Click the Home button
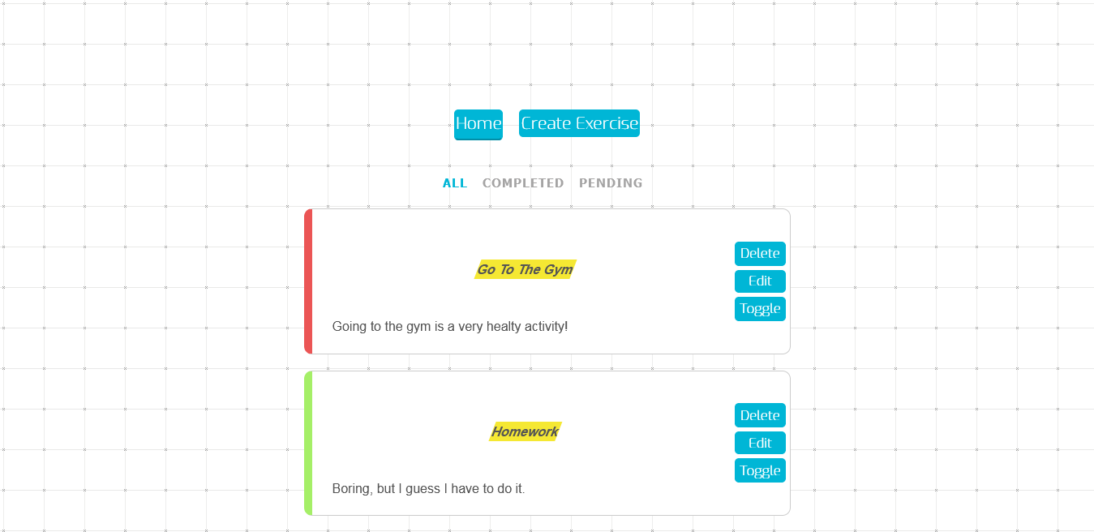coord(478,124)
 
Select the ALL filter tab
coord(455,183)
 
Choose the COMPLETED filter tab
coord(523,183)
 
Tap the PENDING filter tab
coord(611,183)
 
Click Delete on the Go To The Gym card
coord(760,254)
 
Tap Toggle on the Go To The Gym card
coord(760,309)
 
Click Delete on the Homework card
coord(760,415)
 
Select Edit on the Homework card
coord(760,443)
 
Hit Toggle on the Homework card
coord(760,470)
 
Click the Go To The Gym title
coord(525,269)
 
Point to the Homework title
coord(525,431)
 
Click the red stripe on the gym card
coord(308,281)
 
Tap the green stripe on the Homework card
coord(308,443)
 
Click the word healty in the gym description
coord(504,327)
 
